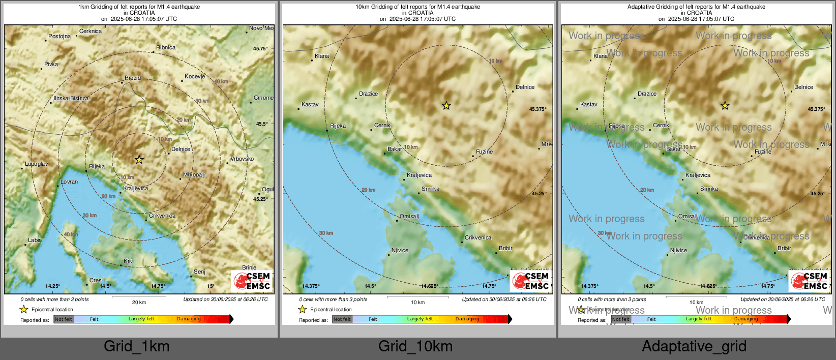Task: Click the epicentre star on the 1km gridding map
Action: coord(139,160)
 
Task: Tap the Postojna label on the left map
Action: coord(59,36)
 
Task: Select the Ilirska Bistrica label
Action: coord(71,98)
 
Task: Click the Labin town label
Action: coord(35,240)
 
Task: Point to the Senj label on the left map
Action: coord(199,272)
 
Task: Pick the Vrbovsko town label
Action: coord(242,159)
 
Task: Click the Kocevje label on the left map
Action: coord(195,76)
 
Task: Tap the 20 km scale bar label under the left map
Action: coord(139,302)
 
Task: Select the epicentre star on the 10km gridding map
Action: coord(446,106)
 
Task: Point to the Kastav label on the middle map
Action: coord(310,104)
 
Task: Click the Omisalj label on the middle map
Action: coord(409,216)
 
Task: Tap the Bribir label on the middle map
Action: coord(505,248)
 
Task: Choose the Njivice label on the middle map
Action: coord(400,250)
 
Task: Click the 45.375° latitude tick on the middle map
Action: coord(538,109)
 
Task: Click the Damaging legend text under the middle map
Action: coord(467,319)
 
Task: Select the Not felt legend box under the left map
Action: coord(64,319)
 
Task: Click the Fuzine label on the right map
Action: coord(763,152)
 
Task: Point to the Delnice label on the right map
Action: coord(803,87)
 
